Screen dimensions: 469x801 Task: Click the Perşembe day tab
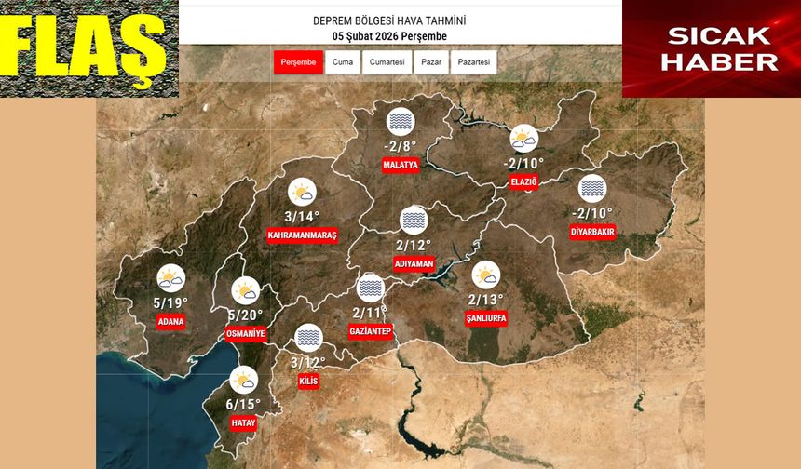(297, 62)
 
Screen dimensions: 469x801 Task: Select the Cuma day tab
(342, 62)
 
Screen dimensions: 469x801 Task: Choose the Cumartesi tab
(387, 62)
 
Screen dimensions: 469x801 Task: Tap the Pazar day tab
(431, 62)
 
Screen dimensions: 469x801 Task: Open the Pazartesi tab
(474, 62)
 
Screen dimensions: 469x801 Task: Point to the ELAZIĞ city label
(525, 181)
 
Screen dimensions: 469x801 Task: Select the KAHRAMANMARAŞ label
(302, 235)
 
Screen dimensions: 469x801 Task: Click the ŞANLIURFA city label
(486, 318)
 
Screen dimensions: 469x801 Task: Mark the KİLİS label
(308, 382)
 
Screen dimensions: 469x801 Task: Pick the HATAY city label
(243, 422)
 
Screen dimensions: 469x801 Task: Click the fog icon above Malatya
(400, 122)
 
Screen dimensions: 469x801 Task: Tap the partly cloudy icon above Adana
(171, 278)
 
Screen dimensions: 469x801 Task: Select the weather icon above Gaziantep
(371, 288)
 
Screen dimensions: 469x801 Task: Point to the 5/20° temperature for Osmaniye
(245, 315)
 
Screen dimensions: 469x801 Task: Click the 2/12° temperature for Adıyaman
(414, 246)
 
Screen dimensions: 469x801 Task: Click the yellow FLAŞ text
(88, 47)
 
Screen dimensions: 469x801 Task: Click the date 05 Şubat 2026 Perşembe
(389, 35)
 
